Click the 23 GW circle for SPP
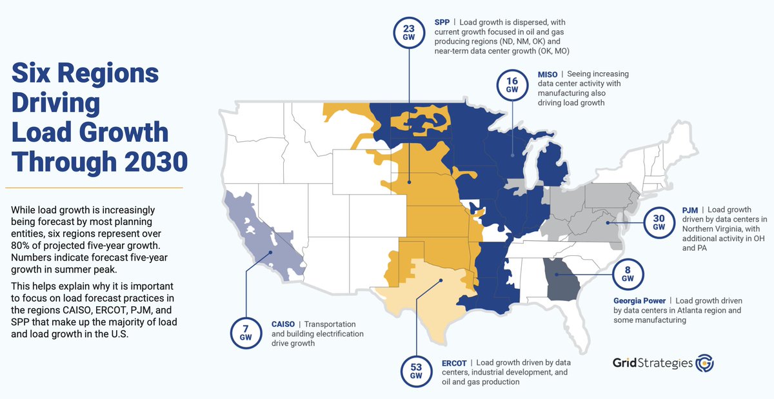408,32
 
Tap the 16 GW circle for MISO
512,85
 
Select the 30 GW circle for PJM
659,222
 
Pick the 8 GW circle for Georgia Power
624,274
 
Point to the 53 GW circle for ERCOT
416,371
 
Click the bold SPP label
442,22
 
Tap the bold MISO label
548,74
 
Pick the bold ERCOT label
454,363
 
